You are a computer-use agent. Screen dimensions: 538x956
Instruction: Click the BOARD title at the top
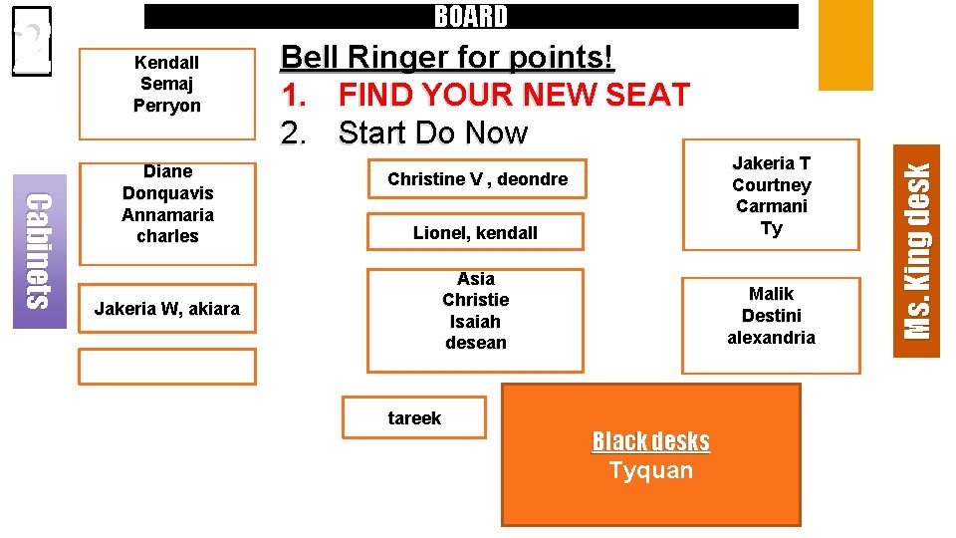tap(471, 17)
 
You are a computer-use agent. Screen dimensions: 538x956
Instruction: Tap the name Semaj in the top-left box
tap(166, 84)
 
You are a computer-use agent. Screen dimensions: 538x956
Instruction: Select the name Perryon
tap(166, 106)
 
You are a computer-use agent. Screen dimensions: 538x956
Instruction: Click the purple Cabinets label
tap(38, 251)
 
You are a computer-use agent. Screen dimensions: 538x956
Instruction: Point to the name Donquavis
tap(167, 193)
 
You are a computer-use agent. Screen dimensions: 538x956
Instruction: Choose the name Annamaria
tap(167, 215)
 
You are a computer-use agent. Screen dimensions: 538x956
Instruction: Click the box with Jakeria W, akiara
tap(166, 309)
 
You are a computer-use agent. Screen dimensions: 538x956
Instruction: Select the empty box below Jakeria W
tap(166, 367)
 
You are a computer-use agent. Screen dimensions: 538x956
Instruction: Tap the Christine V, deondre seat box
tap(477, 179)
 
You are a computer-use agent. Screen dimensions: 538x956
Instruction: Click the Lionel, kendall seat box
tap(475, 233)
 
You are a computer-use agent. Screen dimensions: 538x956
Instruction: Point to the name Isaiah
tap(475, 322)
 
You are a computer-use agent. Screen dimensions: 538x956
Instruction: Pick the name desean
tap(475, 343)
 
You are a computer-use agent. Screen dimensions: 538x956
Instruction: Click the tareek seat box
tap(414, 418)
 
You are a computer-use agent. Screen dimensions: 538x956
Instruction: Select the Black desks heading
tap(650, 441)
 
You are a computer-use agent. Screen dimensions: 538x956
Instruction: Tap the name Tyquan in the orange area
tap(650, 470)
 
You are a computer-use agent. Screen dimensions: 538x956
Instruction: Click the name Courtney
tap(771, 185)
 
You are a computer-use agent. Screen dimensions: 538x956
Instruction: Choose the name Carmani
tap(771, 206)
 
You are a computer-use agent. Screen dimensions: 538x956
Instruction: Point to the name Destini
tap(771, 316)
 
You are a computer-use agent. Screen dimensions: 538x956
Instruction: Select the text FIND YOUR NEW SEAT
tap(513, 95)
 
